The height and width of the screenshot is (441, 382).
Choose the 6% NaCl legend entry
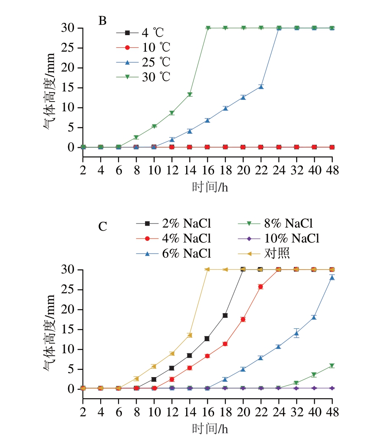(x=173, y=253)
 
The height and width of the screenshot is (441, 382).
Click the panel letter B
(x=102, y=21)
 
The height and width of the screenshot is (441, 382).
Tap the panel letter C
(x=102, y=227)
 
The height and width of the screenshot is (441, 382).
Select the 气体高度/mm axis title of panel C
(x=49, y=329)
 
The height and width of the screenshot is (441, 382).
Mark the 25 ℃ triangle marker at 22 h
(x=261, y=87)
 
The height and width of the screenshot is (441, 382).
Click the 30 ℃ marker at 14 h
(x=190, y=94)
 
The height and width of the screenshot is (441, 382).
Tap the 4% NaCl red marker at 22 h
(x=261, y=287)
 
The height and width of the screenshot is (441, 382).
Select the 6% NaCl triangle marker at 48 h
(x=332, y=278)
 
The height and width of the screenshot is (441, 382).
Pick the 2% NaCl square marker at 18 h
(x=225, y=315)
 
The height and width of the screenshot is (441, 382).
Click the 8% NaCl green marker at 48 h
(x=332, y=366)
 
